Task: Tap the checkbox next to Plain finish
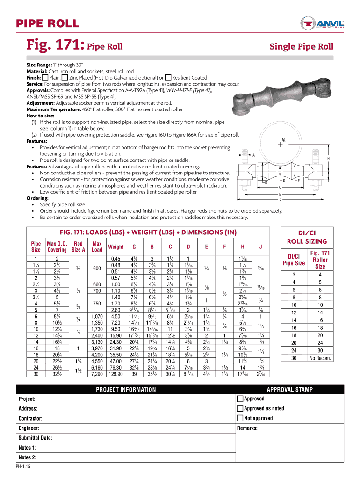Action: pos(45,77)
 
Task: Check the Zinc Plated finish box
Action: pos(65,77)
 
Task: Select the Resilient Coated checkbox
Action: pos(168,77)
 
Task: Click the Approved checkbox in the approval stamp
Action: pos(240,399)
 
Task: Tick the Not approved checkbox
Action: pos(240,418)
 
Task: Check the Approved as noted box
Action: pos(240,408)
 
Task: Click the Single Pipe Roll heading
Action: pos(301,46)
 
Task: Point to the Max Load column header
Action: pos(97,247)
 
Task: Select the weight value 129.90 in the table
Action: pos(115,361)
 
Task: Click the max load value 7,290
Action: pos(97,361)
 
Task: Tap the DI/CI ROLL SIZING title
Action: pos(306,237)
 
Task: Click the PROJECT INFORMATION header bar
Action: pos(126,390)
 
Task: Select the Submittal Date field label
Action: pos(35,438)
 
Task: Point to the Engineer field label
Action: pos(29,428)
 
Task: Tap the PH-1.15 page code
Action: pos(22,466)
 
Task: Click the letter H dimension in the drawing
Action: pos(329,159)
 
